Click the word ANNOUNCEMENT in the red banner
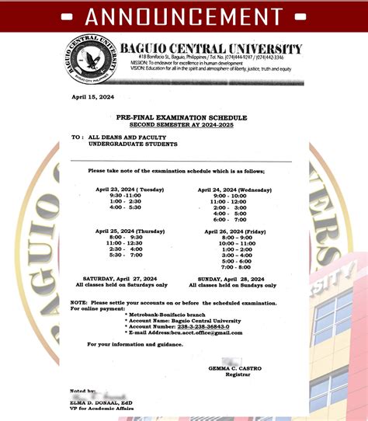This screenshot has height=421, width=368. tap(184, 16)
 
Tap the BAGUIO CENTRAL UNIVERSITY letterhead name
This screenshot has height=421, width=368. tap(211, 49)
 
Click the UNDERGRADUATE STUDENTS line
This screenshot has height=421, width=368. tap(133, 144)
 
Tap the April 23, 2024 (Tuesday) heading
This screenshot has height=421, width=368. tap(130, 190)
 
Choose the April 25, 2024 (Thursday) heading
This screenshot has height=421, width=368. tap(130, 231)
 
